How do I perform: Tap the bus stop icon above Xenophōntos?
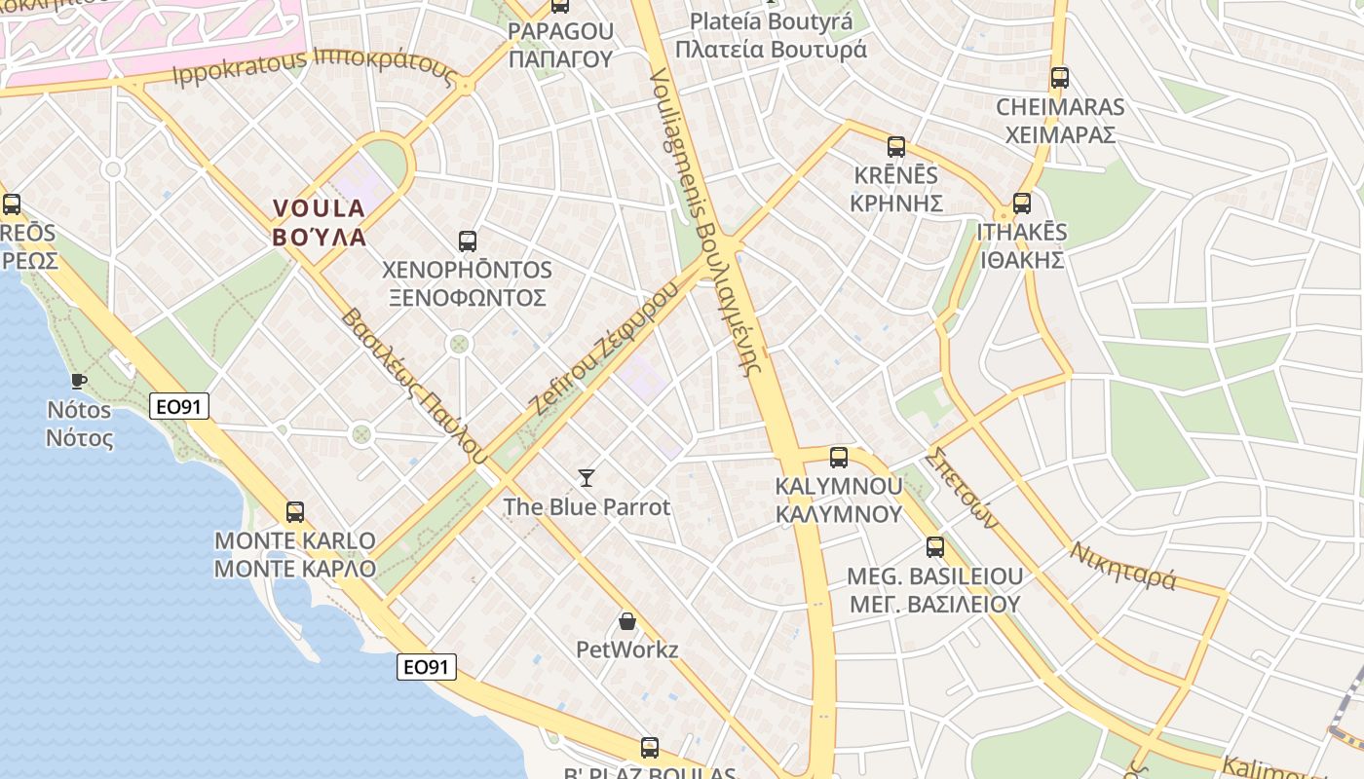point(468,241)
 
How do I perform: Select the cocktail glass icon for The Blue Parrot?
point(587,477)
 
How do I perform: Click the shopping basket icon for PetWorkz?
point(627,620)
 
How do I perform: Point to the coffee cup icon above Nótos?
point(79,381)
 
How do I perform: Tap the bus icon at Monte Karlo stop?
point(294,511)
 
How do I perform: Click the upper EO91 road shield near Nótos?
point(179,406)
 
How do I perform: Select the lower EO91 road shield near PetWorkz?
point(427,666)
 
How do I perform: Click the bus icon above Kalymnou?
point(838,457)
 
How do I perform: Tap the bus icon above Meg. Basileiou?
point(935,546)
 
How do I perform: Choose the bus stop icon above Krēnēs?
point(896,147)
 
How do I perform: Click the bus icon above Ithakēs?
point(1021,203)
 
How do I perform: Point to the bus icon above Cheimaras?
point(1060,78)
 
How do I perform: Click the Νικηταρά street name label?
point(1123,566)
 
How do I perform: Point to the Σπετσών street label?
point(964,488)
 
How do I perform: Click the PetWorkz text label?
point(627,649)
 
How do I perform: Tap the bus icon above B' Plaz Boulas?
point(650,748)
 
